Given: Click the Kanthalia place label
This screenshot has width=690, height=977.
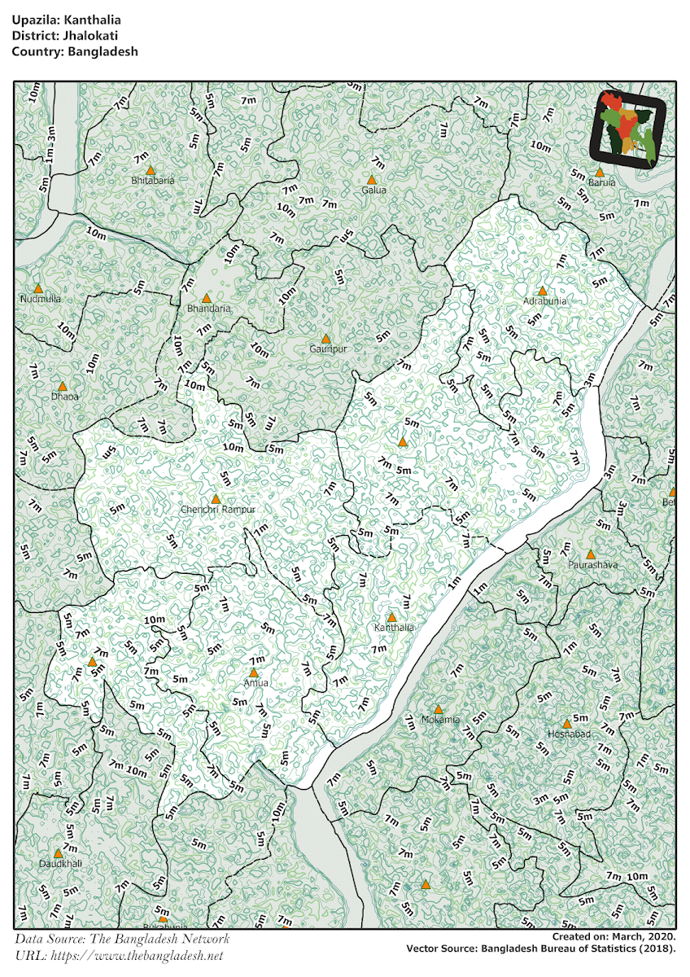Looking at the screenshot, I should pyautogui.click(x=394, y=628).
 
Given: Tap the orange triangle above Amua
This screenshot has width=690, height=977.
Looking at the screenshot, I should pyautogui.click(x=254, y=673).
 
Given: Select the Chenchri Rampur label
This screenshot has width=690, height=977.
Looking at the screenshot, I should pyautogui.click(x=218, y=510).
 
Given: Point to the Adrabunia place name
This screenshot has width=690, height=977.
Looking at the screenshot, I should pyautogui.click(x=544, y=301).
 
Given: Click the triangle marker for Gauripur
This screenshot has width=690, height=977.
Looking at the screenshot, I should pyautogui.click(x=325, y=339).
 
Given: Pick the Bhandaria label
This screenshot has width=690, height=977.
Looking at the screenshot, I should pyautogui.click(x=209, y=309).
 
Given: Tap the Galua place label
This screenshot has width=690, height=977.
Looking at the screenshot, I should pyautogui.click(x=374, y=191).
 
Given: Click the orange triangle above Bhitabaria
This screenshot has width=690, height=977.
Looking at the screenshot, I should pyautogui.click(x=151, y=169).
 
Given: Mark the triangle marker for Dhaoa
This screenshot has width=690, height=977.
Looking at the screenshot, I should pyautogui.click(x=62, y=386).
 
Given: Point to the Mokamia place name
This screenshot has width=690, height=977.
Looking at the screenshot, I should pyautogui.click(x=440, y=720).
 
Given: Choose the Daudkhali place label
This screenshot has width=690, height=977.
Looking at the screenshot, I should pyautogui.click(x=60, y=863).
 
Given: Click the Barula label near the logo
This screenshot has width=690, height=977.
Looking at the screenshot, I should pyautogui.click(x=601, y=183).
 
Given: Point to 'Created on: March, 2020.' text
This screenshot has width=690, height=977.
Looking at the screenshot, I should pyautogui.click(x=614, y=937).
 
